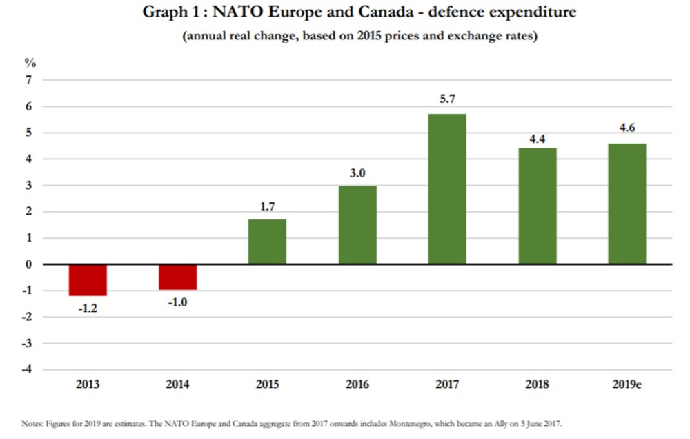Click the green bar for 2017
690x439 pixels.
click(447, 188)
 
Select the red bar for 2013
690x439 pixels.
click(88, 280)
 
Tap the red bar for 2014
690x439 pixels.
click(177, 277)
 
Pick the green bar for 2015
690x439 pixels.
click(267, 242)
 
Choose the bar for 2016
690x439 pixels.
click(357, 225)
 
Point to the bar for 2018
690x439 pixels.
click(537, 206)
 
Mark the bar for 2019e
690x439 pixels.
click(627, 204)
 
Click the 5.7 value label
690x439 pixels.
click(447, 100)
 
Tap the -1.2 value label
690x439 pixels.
click(88, 309)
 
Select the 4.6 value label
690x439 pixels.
click(627, 129)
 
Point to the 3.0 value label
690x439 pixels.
click(357, 172)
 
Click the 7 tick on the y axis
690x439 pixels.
click(29, 80)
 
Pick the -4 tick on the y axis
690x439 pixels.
click(27, 369)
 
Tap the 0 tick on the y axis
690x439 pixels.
click(29, 264)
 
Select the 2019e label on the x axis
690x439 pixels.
click(627, 384)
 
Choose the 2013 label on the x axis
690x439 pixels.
click(88, 384)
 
